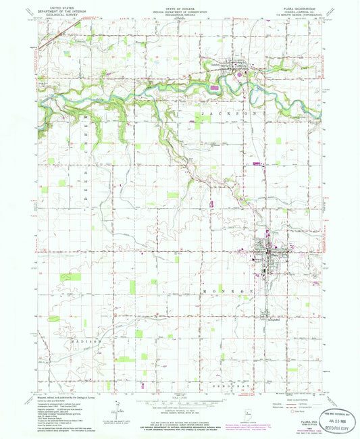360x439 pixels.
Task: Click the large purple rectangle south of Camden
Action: pyautogui.click(x=215, y=87)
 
